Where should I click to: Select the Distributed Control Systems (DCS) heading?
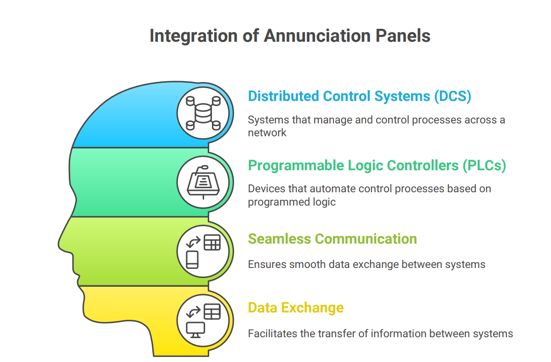click(x=360, y=96)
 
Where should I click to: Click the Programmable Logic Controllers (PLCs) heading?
click(x=377, y=165)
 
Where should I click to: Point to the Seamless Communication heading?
click(x=332, y=239)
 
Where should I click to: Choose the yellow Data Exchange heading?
click(x=295, y=307)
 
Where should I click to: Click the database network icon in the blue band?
click(x=202, y=113)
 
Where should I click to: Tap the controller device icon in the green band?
click(x=202, y=182)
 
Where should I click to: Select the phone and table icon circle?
click(x=202, y=251)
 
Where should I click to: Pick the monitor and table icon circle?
click(x=202, y=320)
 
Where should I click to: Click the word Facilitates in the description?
click(x=272, y=334)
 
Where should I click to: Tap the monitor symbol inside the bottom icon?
click(x=195, y=329)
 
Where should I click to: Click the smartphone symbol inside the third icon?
click(x=192, y=259)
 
